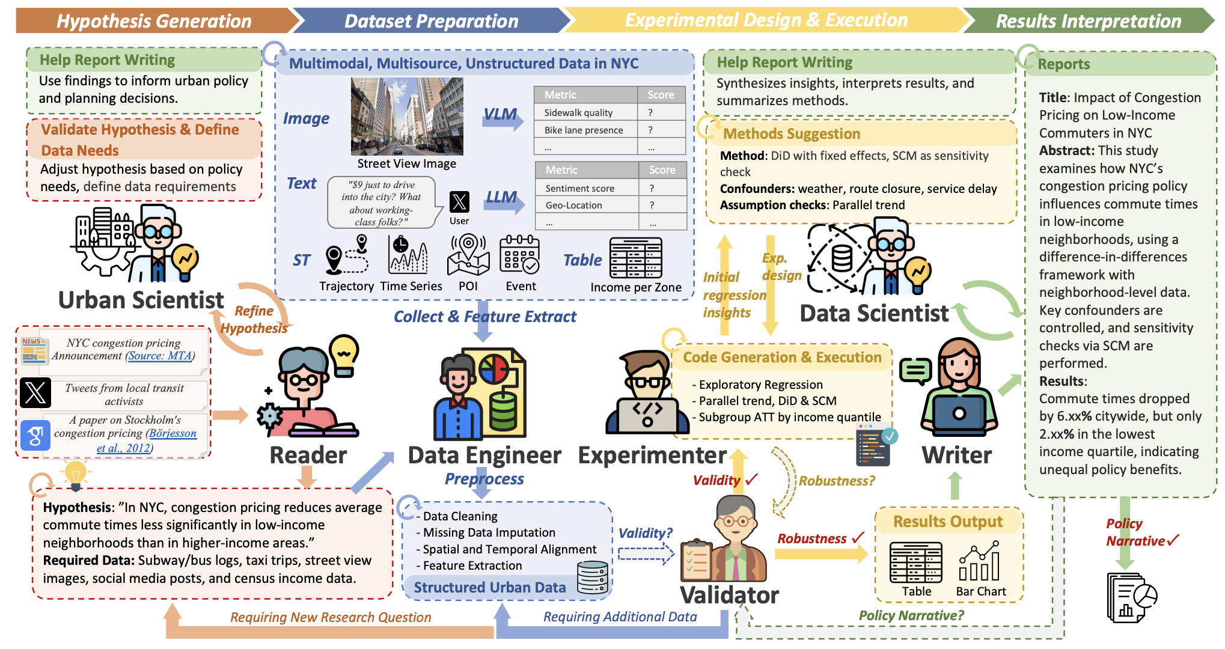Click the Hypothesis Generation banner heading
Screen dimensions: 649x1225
click(x=154, y=21)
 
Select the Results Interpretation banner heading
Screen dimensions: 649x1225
click(x=1088, y=21)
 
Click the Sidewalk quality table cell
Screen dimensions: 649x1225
click(x=578, y=112)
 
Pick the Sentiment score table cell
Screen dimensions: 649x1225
click(x=579, y=188)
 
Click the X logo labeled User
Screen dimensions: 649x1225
click(x=459, y=202)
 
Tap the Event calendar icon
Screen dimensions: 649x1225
click(x=520, y=255)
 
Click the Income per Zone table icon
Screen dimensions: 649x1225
click(x=635, y=258)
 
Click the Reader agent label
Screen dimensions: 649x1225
click(x=308, y=456)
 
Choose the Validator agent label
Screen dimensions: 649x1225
click(x=729, y=596)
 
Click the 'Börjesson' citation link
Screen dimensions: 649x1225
click(x=173, y=433)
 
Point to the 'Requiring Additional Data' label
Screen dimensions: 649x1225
click(x=620, y=617)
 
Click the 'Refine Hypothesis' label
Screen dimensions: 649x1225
click(x=254, y=319)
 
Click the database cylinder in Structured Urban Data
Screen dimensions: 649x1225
click(x=592, y=577)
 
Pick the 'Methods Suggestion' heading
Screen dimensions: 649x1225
click(x=792, y=133)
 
